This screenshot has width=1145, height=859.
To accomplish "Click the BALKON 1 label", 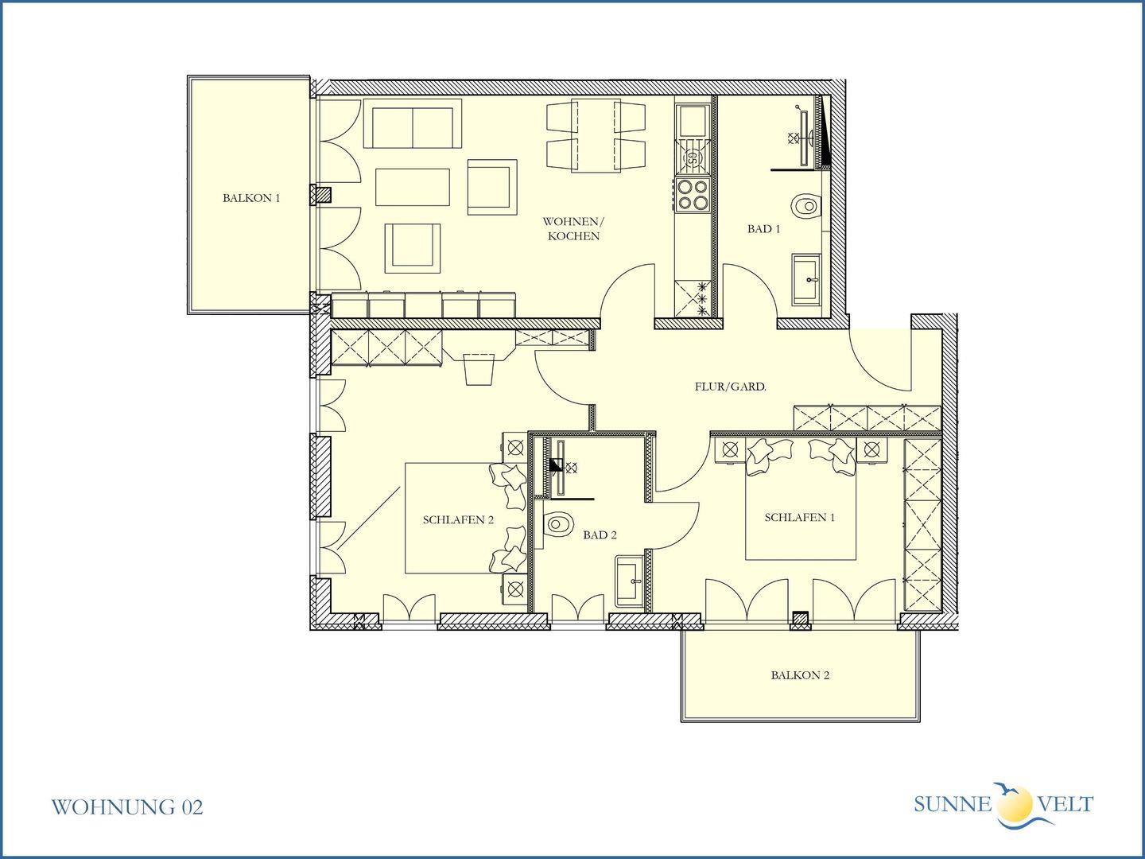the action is coord(251,198).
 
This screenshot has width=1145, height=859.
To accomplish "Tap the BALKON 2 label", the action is coord(800,675).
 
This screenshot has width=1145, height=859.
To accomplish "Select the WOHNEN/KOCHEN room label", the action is coord(573,229).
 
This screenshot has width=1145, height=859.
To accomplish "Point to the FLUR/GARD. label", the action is coord(730,387).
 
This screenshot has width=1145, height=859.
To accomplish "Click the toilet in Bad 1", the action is coord(806,205).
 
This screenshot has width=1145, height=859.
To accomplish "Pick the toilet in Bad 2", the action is coord(558,523).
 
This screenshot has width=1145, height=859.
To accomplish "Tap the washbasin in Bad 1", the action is coord(806,279).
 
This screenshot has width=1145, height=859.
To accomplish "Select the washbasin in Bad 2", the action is coord(630,581).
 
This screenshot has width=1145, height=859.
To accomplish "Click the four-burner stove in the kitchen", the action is coord(693,195).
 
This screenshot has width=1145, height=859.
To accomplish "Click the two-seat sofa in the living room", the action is coord(412,123).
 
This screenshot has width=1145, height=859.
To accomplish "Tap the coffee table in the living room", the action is coord(412,187).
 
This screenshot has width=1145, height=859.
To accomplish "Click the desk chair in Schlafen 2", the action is coord(479,369).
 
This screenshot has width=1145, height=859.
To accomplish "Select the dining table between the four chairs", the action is coord(596,135).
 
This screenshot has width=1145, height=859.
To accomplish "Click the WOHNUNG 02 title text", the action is coord(126,807).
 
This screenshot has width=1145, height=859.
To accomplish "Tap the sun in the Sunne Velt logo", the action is coord(1015,803).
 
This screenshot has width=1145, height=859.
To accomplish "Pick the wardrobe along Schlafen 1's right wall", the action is coord(922,525).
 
